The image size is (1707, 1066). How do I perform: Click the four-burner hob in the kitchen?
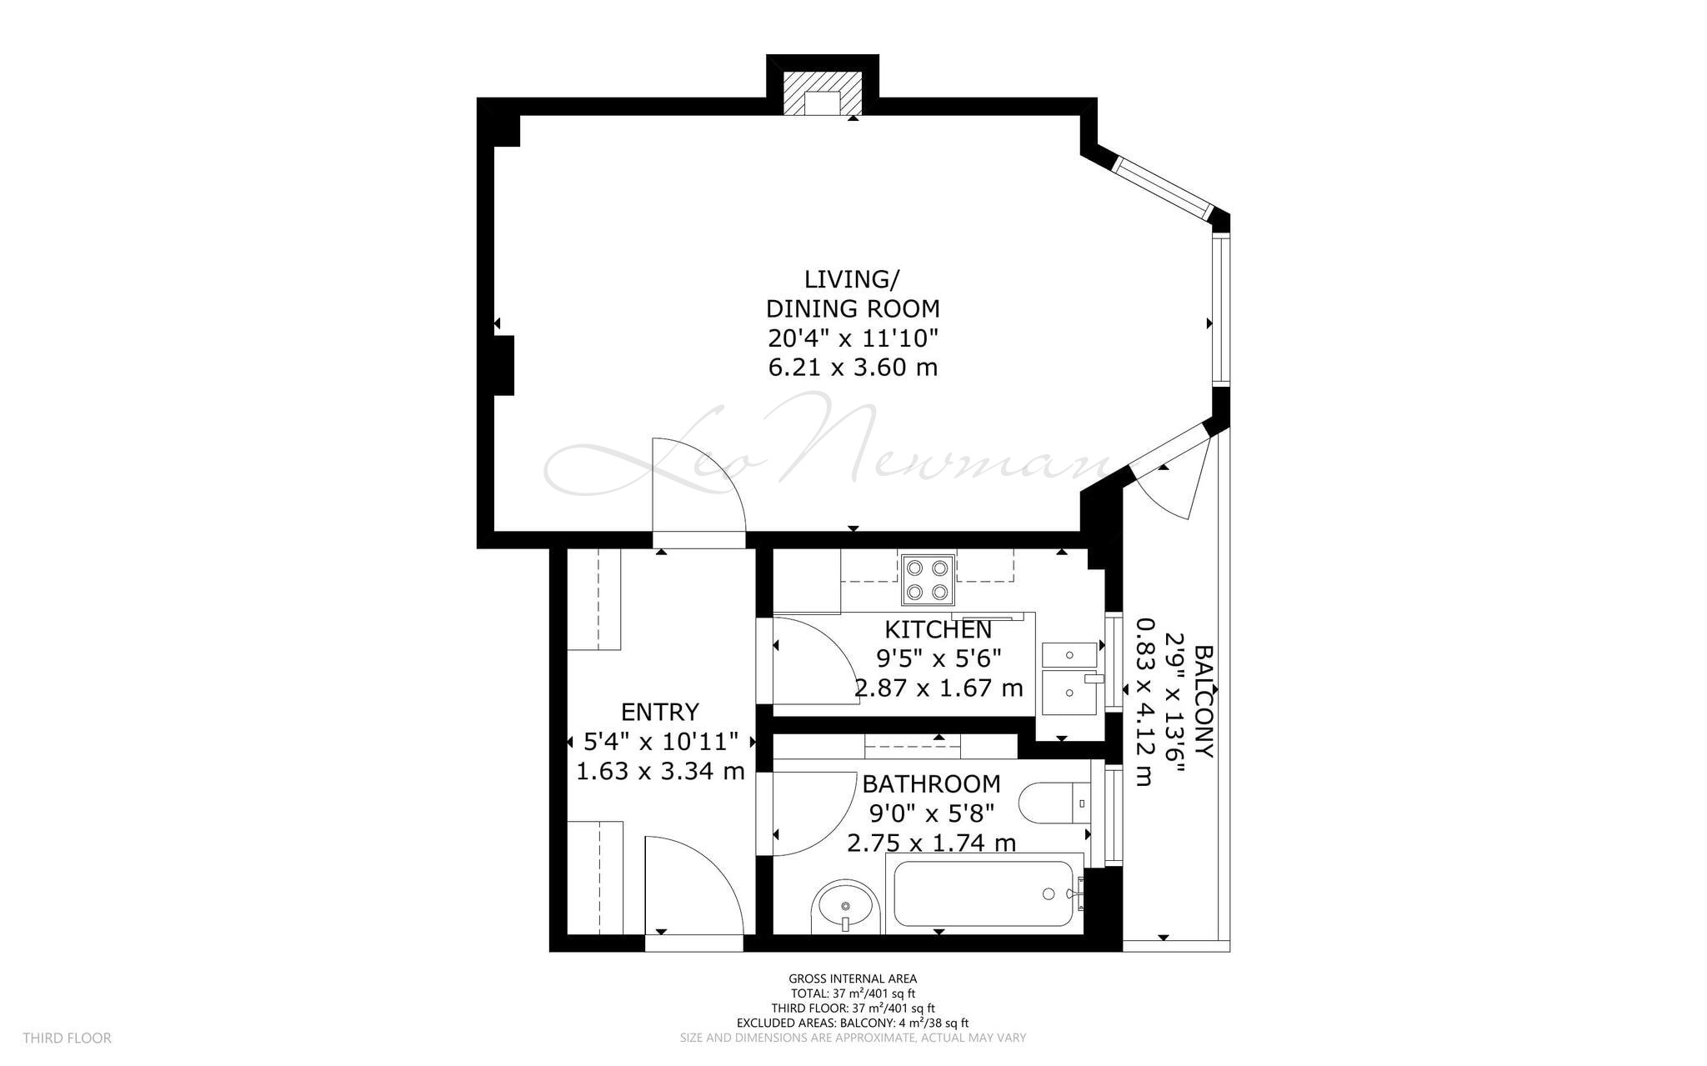click(928, 580)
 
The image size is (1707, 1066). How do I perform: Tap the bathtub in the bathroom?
click(984, 893)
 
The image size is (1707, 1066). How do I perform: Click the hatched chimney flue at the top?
click(822, 93)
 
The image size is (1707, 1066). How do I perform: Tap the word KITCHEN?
click(939, 629)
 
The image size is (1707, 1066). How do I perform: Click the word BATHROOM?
click(931, 783)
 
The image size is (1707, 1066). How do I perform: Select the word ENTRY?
click(660, 712)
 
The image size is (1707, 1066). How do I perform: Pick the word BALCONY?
click(1203, 701)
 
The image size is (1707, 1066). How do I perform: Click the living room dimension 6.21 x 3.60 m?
click(853, 367)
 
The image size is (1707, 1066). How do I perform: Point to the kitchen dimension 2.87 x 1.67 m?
click(939, 688)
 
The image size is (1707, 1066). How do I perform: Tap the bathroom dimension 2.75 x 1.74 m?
click(931, 843)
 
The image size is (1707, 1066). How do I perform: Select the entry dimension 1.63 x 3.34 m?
click(660, 771)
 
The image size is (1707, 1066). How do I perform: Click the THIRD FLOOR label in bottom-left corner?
click(67, 1038)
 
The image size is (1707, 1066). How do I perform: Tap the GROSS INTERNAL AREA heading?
click(853, 978)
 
